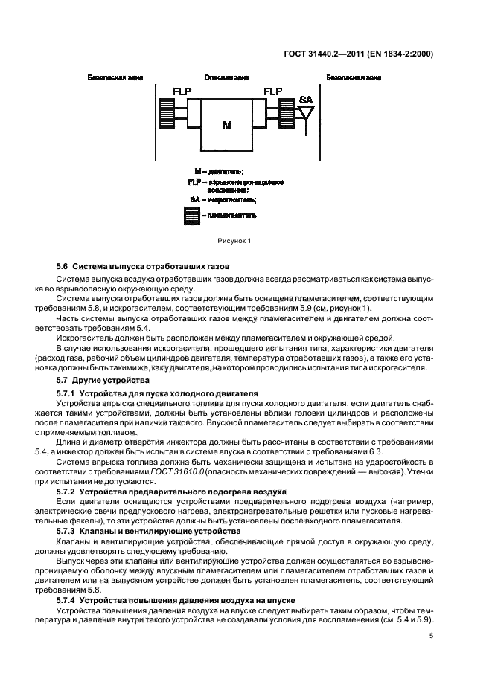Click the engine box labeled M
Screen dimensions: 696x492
pyautogui.click(x=227, y=124)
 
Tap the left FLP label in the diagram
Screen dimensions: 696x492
pyautogui.click(x=182, y=91)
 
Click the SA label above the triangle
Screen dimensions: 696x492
pyautogui.click(x=305, y=99)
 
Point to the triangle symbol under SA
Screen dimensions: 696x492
pyautogui.click(x=305, y=112)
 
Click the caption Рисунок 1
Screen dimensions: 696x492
pyautogui.click(x=234, y=240)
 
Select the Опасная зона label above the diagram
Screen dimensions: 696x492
pyautogui.click(x=226, y=77)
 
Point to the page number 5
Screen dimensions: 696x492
pyautogui.click(x=432, y=635)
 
